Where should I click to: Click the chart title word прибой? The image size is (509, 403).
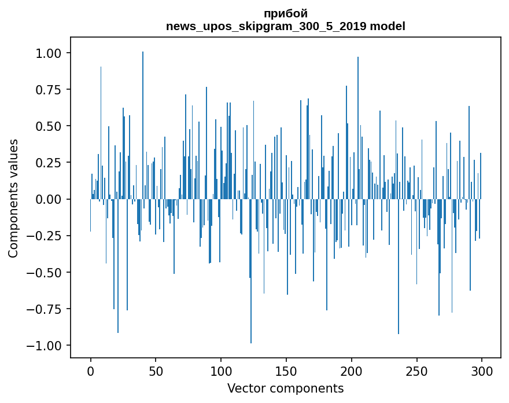[285, 13]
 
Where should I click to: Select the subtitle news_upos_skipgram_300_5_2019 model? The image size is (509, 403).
[285, 26]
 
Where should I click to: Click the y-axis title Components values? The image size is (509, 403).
[13, 198]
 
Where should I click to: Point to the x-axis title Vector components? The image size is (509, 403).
[285, 389]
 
